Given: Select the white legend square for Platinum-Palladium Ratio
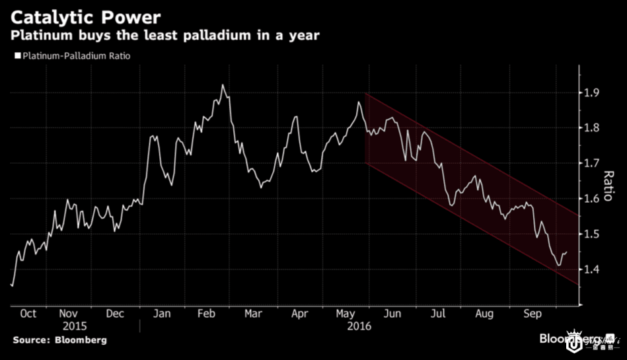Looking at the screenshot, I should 18,57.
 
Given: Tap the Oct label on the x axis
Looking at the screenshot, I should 28,314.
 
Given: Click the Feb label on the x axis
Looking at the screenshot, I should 205,314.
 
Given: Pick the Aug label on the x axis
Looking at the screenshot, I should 484,314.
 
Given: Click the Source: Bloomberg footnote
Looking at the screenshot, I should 59,340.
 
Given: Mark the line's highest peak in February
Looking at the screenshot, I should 223,85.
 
